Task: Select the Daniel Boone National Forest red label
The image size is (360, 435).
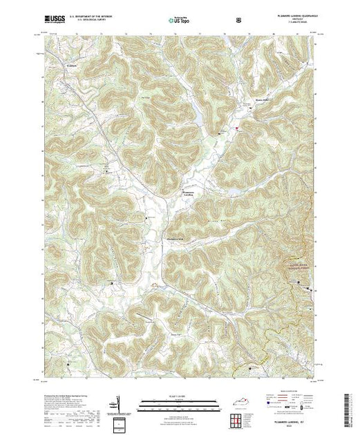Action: (x=296, y=263)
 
